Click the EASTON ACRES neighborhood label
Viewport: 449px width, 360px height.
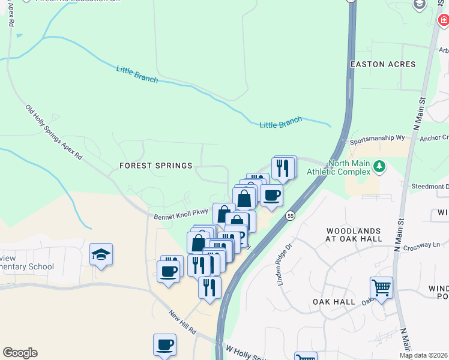pos(383,64)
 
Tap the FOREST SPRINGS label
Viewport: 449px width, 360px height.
pos(155,166)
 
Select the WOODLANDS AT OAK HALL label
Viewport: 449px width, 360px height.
pos(354,235)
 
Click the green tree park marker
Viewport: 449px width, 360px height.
pos(379,166)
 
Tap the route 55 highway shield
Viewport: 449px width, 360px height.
pos(291,215)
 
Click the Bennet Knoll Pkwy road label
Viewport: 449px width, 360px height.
pos(181,213)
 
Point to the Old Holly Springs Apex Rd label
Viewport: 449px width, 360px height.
pos(53,133)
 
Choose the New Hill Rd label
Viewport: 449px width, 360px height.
pos(182,322)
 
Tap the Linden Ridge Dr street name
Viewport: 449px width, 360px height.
pos(284,264)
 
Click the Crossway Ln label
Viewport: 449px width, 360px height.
pos(422,246)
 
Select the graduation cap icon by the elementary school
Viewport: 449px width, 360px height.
pos(101,254)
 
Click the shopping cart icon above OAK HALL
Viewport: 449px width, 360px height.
pos(381,288)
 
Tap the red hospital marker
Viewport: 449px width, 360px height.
pos(443,20)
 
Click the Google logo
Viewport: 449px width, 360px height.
pos(20,353)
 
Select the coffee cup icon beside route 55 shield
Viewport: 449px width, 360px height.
pos(271,195)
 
